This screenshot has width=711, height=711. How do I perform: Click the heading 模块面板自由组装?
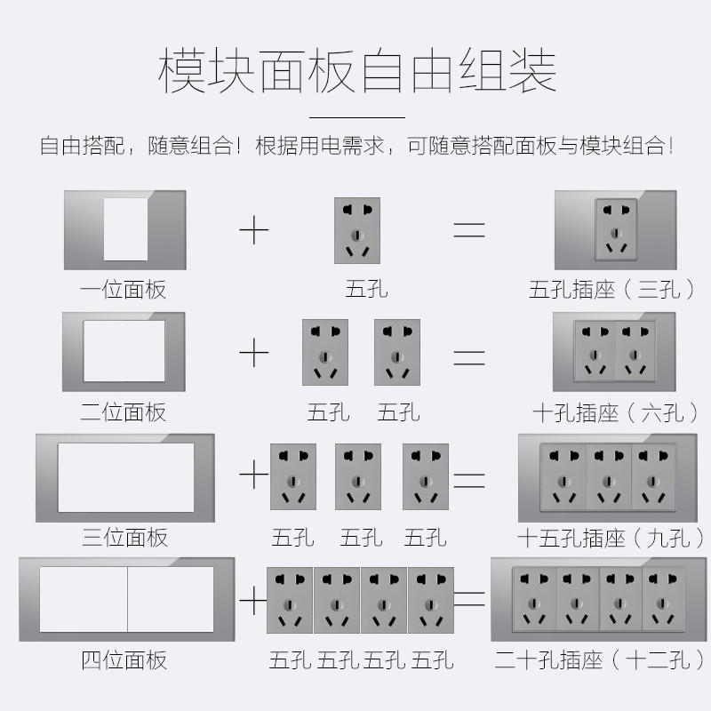(x=356, y=71)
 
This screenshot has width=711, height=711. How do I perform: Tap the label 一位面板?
(x=124, y=290)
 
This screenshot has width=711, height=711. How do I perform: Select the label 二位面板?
(x=124, y=412)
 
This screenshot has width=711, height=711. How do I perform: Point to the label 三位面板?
(x=124, y=537)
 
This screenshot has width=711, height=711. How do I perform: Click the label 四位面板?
(x=124, y=659)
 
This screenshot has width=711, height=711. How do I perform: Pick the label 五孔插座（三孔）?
(x=612, y=290)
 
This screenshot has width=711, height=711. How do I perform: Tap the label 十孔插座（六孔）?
(x=612, y=412)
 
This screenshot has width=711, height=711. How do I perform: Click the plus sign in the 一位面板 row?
(x=254, y=231)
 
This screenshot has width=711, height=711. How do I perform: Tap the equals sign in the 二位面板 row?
(x=469, y=357)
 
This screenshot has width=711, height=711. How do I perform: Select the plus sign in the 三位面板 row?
(x=254, y=476)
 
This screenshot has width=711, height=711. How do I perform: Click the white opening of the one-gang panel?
(x=125, y=229)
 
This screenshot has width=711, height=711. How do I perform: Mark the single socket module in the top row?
(x=357, y=230)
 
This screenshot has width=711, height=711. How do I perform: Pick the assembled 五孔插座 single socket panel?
(x=614, y=230)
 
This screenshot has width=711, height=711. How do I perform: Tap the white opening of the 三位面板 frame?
(x=125, y=477)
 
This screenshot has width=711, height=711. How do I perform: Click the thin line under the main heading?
(x=356, y=116)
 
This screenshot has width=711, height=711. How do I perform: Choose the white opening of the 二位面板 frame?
(x=124, y=352)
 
